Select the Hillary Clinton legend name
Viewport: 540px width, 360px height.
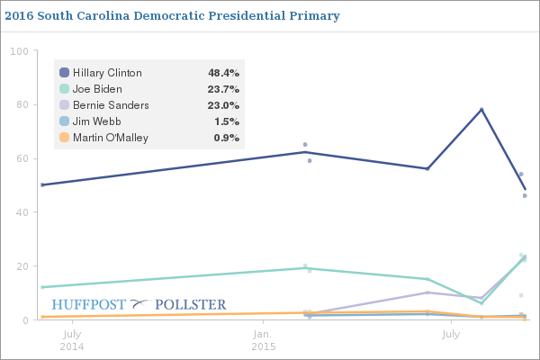click(x=106, y=72)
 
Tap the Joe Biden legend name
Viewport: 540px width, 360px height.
click(x=97, y=89)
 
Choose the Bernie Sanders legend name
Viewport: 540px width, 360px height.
click(x=110, y=105)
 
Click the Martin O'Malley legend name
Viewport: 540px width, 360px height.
click(x=111, y=138)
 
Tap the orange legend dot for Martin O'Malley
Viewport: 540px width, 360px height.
click(x=64, y=138)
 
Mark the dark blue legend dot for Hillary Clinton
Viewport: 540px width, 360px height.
click(x=64, y=72)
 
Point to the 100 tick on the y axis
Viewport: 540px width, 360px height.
click(x=18, y=51)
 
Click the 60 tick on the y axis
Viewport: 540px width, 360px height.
click(x=21, y=159)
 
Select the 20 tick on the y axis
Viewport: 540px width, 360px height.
click(x=21, y=266)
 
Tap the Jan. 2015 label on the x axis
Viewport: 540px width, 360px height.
click(x=263, y=340)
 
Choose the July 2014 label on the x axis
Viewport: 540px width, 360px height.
click(x=72, y=340)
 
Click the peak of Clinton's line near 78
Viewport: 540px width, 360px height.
click(x=481, y=110)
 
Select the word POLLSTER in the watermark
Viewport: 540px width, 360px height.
click(x=191, y=305)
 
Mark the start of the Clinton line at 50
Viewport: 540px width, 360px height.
click(x=42, y=184)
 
